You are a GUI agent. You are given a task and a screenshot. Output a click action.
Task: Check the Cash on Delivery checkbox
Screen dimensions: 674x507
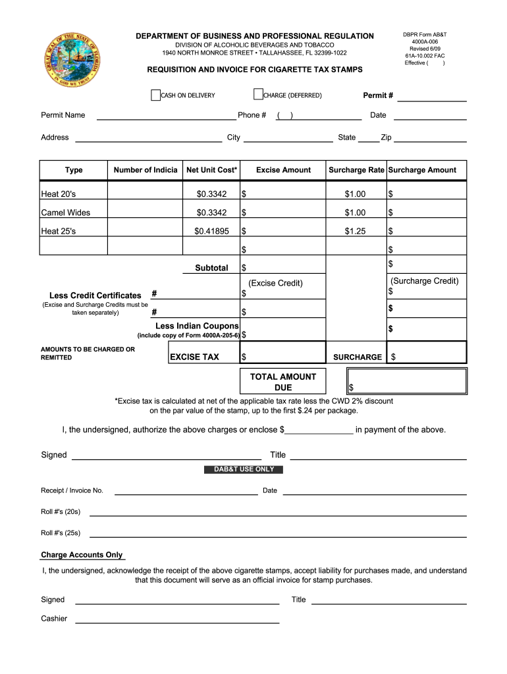point(156,95)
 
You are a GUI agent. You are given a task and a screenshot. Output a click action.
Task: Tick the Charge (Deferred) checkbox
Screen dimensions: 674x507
point(258,95)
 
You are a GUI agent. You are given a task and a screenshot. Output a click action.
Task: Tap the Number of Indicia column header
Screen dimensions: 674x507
point(146,170)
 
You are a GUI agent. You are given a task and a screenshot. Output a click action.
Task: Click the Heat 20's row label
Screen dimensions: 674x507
point(59,194)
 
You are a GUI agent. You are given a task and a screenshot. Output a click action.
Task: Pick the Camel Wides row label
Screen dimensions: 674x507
point(66,213)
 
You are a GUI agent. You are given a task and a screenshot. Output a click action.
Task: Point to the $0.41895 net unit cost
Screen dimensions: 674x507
point(211,231)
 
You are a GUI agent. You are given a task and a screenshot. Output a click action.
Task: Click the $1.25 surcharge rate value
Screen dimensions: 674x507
point(355,231)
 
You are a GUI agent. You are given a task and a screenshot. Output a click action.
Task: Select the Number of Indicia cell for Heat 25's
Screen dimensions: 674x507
point(146,231)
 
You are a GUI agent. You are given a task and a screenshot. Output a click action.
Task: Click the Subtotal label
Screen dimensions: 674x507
point(211,268)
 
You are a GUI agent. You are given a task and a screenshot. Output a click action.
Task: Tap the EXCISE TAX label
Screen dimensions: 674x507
point(194,357)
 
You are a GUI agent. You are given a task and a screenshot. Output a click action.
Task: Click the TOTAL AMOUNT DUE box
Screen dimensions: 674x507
point(406,381)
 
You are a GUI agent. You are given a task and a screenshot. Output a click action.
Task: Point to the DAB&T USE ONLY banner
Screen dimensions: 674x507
point(244,469)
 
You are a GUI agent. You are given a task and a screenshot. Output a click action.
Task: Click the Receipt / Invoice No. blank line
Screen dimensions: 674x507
point(186,491)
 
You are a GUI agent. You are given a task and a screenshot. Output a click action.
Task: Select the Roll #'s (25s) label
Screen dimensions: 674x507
point(61,533)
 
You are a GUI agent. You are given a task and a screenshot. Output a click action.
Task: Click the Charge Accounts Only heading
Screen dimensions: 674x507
point(82,555)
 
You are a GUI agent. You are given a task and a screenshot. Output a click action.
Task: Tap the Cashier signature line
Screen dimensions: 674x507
point(177,619)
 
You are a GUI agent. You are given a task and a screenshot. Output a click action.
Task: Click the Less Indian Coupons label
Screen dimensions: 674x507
point(197,326)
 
